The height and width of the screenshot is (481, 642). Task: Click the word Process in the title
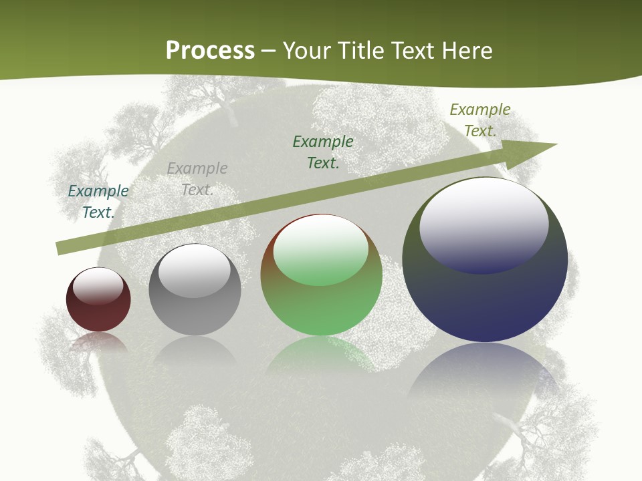[x=210, y=51]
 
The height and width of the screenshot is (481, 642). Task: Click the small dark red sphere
[x=98, y=311]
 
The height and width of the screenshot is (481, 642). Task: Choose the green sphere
[x=321, y=307]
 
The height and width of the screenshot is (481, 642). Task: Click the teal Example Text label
[x=98, y=201]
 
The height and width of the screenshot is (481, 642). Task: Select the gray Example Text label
[x=197, y=178]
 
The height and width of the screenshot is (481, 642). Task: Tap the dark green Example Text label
[x=323, y=152]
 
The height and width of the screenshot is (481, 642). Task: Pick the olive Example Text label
[x=480, y=120]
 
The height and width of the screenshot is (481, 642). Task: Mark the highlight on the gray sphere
[x=194, y=271]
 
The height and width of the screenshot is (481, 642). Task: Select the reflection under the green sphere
[x=321, y=354]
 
